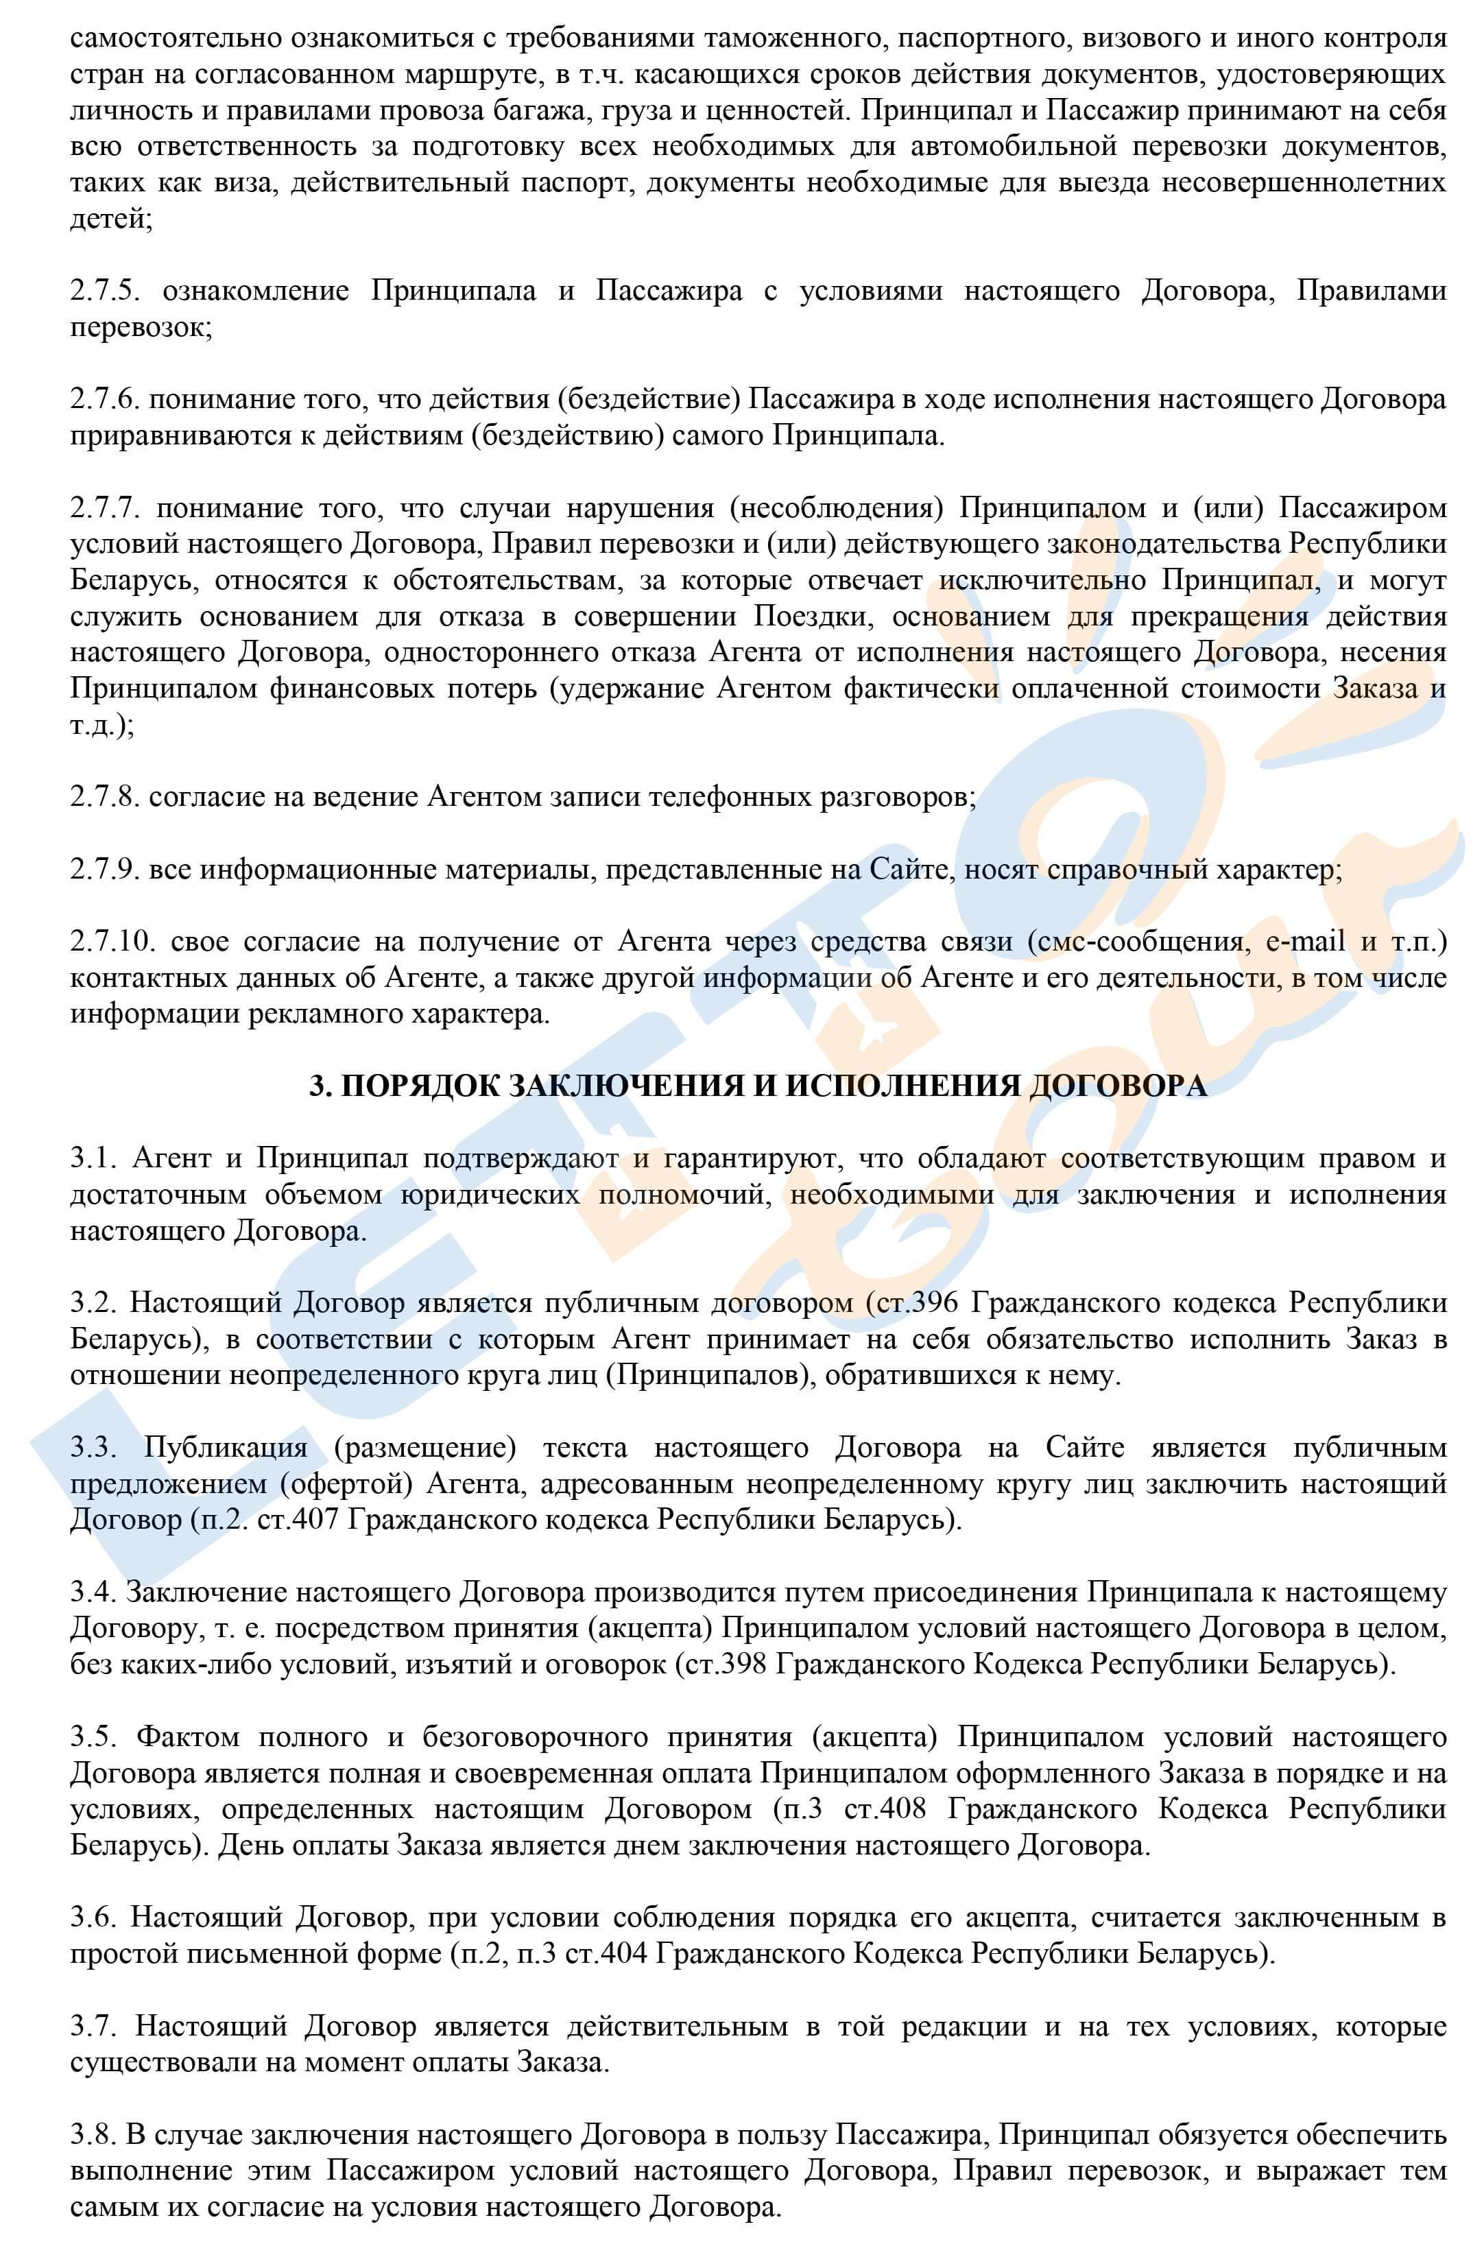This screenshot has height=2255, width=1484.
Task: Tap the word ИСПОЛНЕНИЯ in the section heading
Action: point(907,1086)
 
